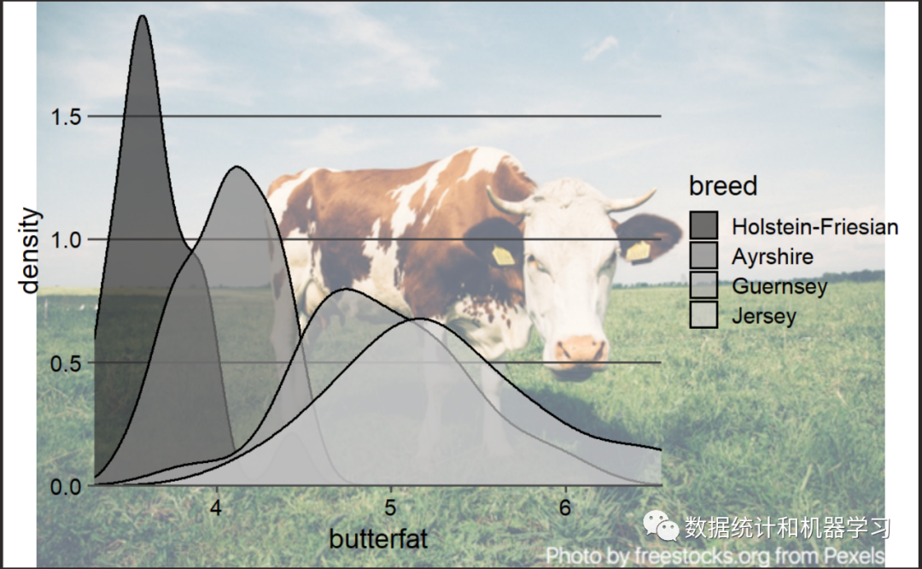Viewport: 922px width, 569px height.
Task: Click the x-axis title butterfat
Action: coord(378,539)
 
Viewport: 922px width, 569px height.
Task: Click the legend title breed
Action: coord(723,185)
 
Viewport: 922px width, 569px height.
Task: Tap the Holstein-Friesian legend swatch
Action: coord(703,226)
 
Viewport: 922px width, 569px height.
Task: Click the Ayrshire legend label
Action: coord(773,256)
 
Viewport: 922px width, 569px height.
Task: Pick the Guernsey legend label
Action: coord(779,285)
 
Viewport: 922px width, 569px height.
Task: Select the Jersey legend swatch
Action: coord(703,315)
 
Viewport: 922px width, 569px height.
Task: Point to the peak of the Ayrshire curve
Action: coord(236,167)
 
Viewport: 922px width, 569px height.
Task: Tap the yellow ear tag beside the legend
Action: coord(638,250)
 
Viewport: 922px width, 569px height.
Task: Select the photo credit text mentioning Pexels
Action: coord(715,555)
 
